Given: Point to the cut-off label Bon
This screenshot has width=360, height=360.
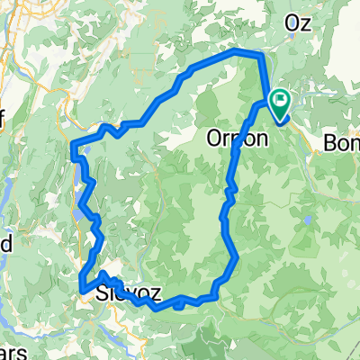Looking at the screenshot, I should (340, 142).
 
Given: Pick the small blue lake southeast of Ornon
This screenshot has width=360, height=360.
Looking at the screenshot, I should (308, 220).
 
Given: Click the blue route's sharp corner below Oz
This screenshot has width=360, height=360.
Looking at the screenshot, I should (260, 56).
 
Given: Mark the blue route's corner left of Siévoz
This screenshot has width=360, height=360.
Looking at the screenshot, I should (83, 289).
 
